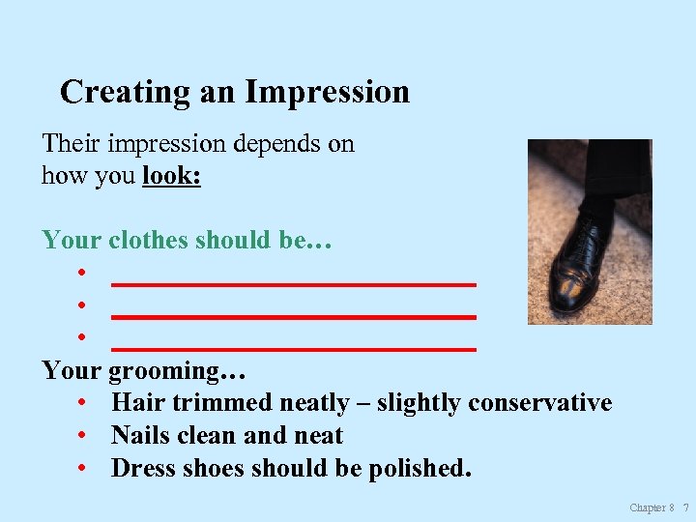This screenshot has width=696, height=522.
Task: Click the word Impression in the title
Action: (328, 93)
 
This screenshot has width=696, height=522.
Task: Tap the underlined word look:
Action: (171, 176)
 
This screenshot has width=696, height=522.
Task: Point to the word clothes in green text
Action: (149, 240)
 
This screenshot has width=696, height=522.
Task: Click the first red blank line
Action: (294, 284)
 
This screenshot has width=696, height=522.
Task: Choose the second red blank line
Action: (294, 316)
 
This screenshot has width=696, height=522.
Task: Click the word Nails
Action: (139, 435)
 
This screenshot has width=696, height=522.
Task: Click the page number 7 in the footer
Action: (685, 507)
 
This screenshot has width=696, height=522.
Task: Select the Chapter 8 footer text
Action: (652, 507)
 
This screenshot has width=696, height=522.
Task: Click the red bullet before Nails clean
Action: (86, 436)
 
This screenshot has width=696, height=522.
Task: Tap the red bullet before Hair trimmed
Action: (86, 403)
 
